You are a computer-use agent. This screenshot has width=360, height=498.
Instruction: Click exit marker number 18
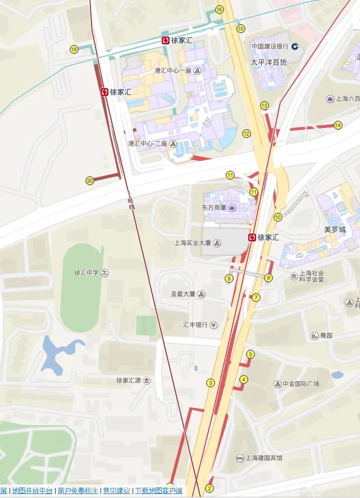click(74, 49)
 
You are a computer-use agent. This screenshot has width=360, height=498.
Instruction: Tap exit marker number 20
click(90, 181)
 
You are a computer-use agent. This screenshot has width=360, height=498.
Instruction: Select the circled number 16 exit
click(220, 10)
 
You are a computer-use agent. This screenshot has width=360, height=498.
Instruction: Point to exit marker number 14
click(338, 125)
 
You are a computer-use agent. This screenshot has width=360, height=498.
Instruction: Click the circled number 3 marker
click(211, 383)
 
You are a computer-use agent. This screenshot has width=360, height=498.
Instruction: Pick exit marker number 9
click(268, 278)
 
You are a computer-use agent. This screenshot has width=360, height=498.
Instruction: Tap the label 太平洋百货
click(268, 62)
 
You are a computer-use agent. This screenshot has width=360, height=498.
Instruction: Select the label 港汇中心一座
click(173, 71)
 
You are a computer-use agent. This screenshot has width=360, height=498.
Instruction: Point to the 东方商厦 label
click(214, 208)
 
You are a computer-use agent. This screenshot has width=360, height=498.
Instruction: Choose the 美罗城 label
click(335, 230)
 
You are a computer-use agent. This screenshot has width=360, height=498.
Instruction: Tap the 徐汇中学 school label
click(86, 273)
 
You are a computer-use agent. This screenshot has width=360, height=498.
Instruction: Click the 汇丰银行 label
click(195, 325)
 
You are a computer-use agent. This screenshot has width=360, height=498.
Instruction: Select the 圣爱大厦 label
click(183, 294)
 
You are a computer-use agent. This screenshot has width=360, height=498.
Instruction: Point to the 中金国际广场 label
click(300, 384)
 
